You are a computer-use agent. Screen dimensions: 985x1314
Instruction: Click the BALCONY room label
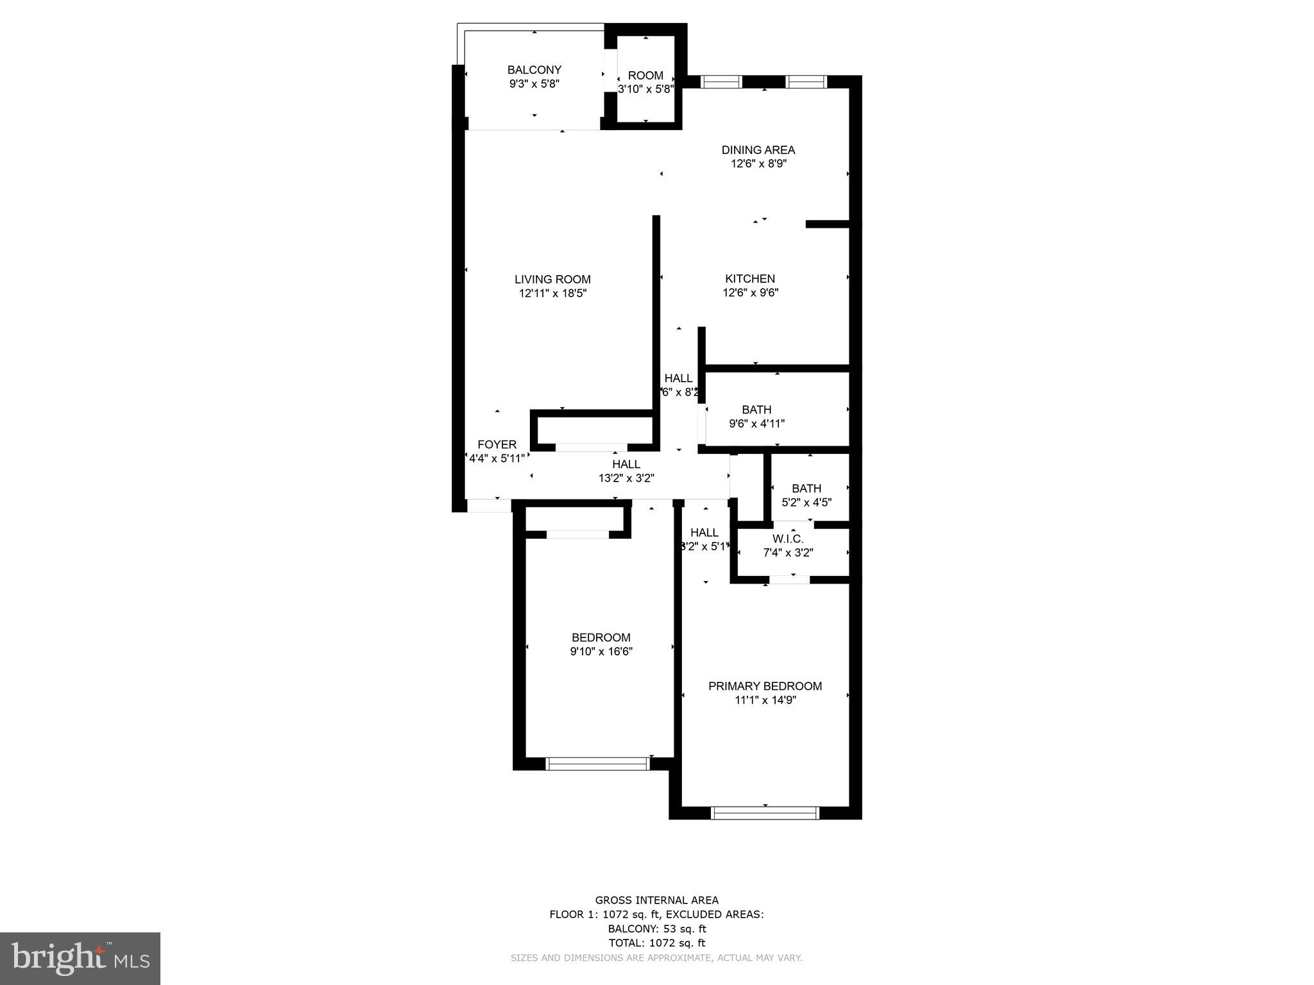point(534,70)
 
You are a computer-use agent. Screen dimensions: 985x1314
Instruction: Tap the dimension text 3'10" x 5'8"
point(645,89)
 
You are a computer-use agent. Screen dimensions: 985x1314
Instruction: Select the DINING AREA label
point(758,150)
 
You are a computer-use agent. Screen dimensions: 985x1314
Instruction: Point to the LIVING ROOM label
point(552,280)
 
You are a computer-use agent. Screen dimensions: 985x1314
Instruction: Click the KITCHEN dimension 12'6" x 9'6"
point(750,293)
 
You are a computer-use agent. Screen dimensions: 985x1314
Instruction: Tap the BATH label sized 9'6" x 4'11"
point(756,410)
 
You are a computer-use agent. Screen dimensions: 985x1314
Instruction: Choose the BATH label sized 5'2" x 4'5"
point(806,489)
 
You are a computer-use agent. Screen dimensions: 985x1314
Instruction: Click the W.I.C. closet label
point(787,539)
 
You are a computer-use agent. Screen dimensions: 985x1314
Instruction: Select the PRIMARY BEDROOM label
point(765,686)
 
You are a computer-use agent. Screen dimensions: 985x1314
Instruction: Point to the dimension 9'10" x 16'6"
point(601,652)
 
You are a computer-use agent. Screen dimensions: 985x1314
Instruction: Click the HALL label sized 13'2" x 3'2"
point(626,464)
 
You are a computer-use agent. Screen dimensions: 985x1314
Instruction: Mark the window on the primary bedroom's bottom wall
point(765,813)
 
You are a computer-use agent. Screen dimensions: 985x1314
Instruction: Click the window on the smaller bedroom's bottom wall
point(597,763)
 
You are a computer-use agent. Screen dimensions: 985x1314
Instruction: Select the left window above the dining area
point(721,81)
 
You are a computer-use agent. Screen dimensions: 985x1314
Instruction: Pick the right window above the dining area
point(806,81)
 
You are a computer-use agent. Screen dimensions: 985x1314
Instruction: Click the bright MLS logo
point(80,958)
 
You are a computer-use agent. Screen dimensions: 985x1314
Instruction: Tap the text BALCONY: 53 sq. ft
point(657,929)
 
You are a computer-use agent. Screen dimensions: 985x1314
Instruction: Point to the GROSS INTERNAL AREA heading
point(656,900)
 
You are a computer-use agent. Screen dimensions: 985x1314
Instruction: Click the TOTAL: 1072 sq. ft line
point(656,943)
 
